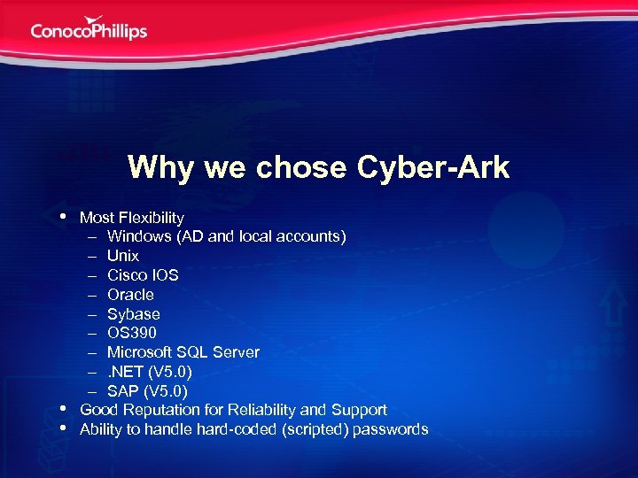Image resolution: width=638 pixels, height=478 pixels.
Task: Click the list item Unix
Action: click(123, 256)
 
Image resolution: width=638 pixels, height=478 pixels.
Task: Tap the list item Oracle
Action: click(130, 295)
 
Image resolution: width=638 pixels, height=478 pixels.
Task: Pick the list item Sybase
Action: click(134, 314)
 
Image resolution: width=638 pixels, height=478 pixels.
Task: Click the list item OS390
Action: click(132, 333)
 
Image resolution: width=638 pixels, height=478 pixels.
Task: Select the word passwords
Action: click(391, 430)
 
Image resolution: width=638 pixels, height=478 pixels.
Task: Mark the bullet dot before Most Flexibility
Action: click(64, 215)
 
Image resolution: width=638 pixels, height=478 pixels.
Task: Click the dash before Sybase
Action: click(91, 314)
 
